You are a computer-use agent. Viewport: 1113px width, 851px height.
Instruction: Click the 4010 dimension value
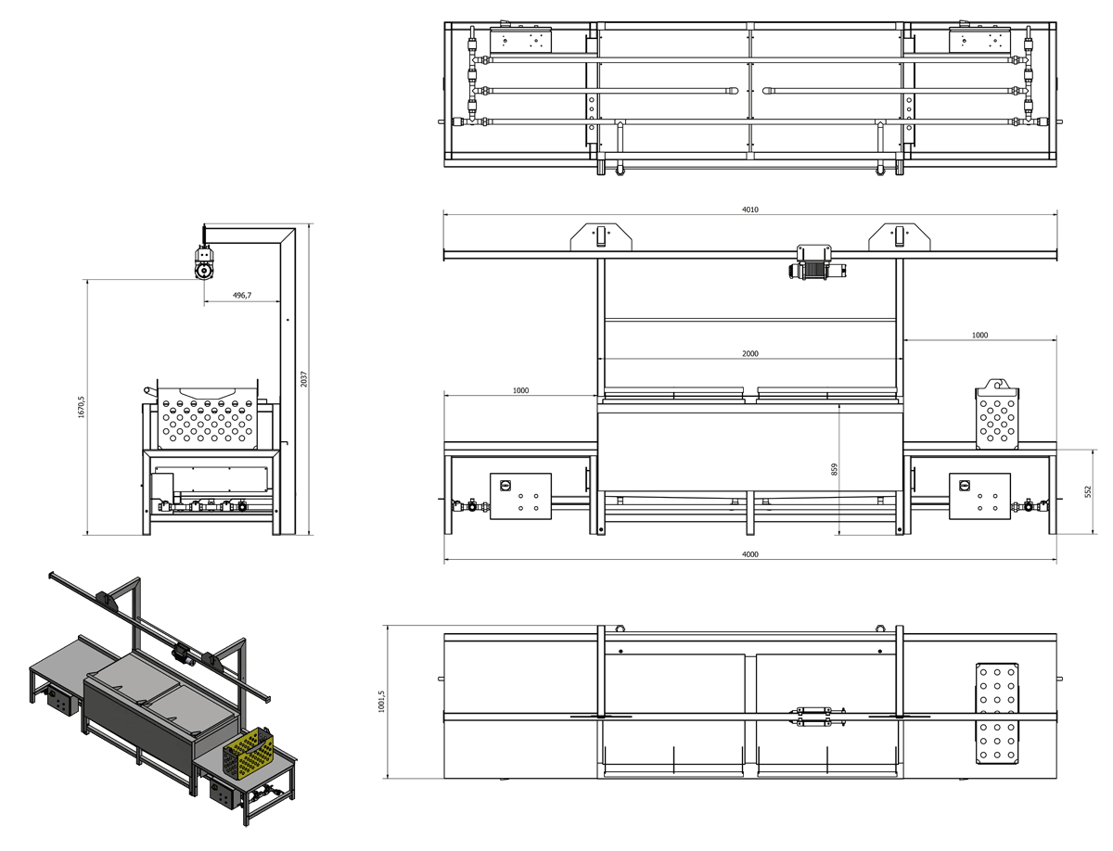point(750,210)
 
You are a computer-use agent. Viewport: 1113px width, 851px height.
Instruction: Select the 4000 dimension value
point(750,554)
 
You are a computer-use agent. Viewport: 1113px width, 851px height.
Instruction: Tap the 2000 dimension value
point(750,353)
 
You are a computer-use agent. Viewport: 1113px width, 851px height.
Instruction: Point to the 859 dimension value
point(834,469)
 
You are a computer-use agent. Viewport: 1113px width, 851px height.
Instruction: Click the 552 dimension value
point(1088,491)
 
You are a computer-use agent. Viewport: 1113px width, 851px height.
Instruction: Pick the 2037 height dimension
point(303,379)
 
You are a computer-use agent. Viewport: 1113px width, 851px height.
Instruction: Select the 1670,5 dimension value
point(81,408)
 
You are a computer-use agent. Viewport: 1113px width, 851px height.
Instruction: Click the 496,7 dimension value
point(242,295)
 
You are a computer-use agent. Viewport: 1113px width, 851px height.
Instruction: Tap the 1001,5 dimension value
point(381,702)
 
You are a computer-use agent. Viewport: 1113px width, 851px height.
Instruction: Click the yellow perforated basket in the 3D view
point(248,752)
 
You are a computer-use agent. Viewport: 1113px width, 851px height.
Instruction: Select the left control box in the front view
point(520,496)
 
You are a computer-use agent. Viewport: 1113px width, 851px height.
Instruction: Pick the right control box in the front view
point(979,496)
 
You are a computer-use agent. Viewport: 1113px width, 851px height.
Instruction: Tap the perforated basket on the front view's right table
point(997,413)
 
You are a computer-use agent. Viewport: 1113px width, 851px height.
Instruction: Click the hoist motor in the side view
point(204,261)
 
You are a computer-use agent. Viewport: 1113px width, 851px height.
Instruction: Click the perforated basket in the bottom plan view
point(997,713)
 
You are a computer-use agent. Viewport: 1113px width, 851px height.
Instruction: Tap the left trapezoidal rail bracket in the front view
point(601,236)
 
